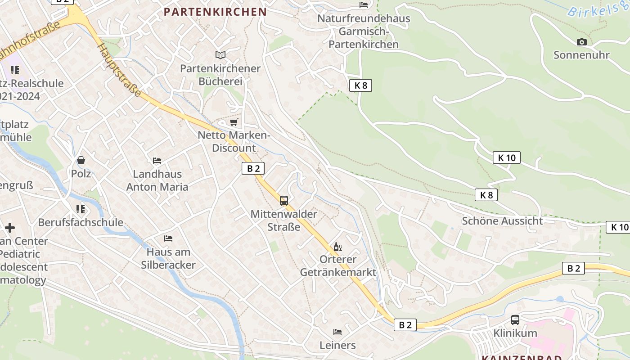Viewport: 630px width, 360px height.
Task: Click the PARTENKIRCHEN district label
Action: (x=215, y=12)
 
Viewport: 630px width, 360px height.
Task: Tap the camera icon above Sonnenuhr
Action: (x=581, y=42)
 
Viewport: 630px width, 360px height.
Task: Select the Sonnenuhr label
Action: (x=581, y=55)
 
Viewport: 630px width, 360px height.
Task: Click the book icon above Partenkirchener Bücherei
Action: (x=220, y=55)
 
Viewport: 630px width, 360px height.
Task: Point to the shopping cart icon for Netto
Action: (x=234, y=122)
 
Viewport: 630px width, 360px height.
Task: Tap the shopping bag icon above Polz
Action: (x=81, y=160)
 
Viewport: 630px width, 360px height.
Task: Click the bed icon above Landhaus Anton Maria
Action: (x=157, y=160)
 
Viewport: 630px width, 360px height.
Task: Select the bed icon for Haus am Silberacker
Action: (x=168, y=238)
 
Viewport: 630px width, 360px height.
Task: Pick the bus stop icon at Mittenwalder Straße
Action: (x=284, y=201)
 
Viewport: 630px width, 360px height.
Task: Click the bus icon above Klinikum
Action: (x=515, y=320)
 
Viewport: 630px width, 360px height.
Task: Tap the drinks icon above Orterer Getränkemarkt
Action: (x=338, y=247)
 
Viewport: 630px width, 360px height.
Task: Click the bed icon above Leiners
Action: (x=337, y=332)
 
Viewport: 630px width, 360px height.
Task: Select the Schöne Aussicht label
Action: (x=502, y=221)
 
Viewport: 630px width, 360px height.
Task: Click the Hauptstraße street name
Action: (x=119, y=70)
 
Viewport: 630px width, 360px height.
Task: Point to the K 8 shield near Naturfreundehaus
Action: (x=360, y=85)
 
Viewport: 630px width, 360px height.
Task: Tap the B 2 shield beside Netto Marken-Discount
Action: (x=253, y=168)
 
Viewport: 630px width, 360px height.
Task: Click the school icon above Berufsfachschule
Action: (x=81, y=209)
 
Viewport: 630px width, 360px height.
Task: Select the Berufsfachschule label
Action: (x=81, y=222)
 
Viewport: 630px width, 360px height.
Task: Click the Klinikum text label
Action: (x=515, y=333)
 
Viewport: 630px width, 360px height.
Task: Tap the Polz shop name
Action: (x=81, y=174)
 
